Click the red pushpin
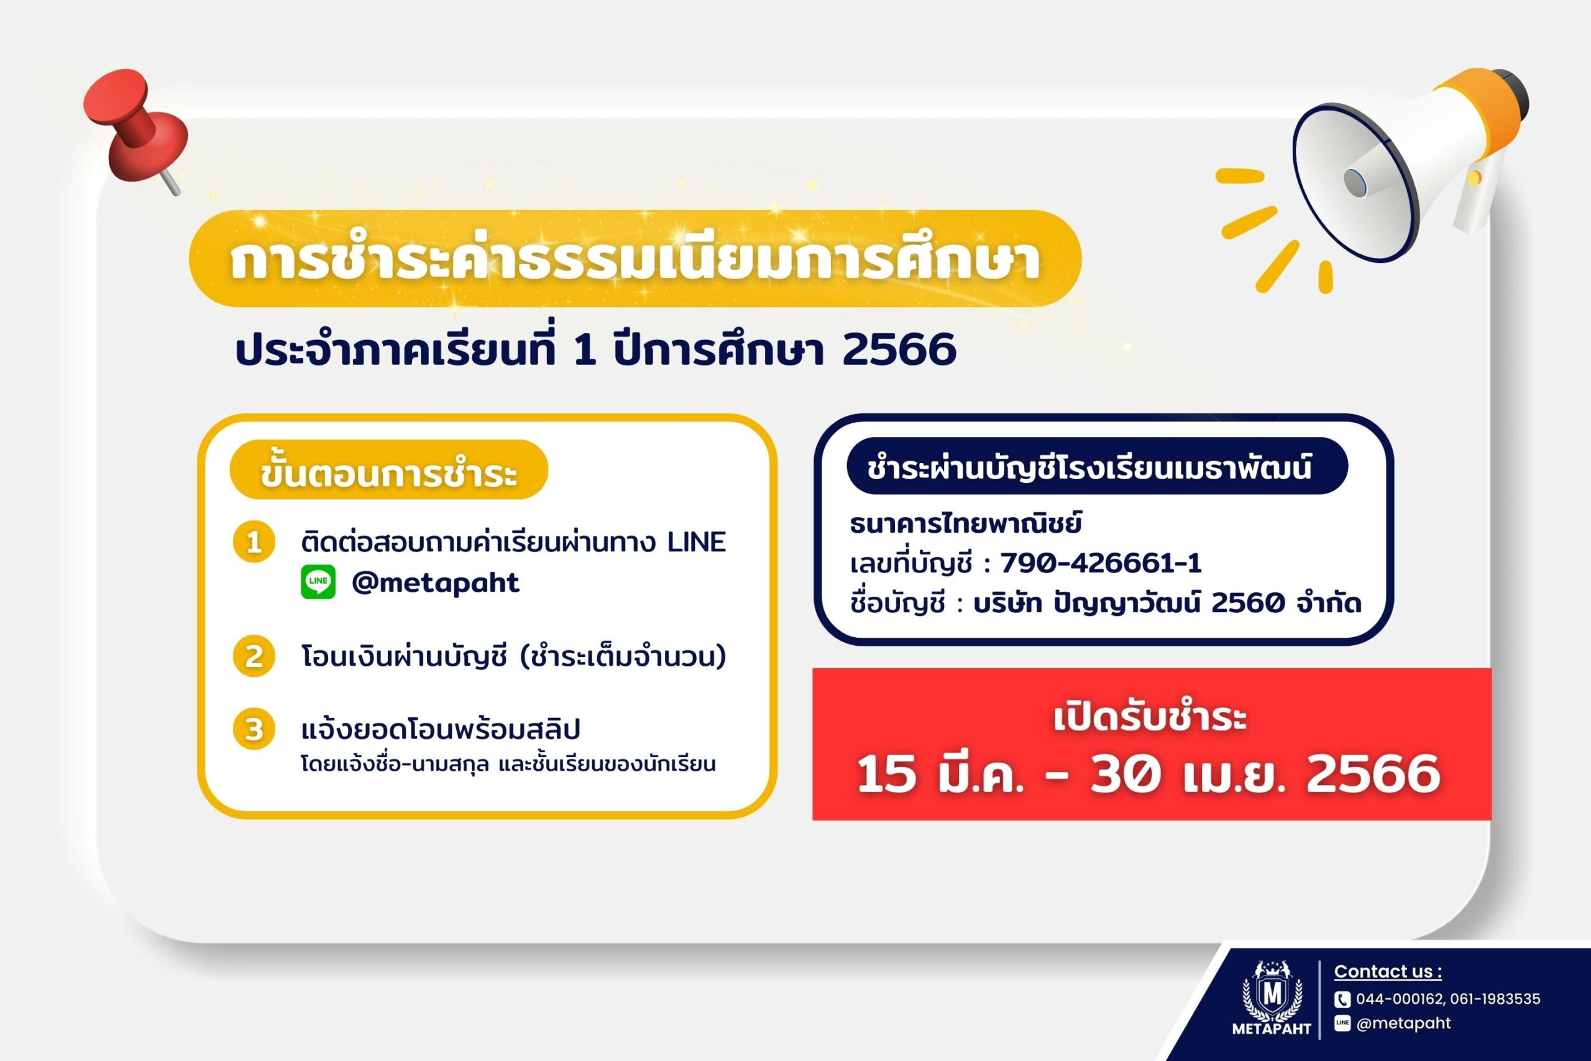pyautogui.click(x=135, y=125)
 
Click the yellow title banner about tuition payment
pyautogui.click(x=635, y=259)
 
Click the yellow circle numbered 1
pyautogui.click(x=254, y=541)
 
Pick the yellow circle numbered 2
pyautogui.click(x=254, y=656)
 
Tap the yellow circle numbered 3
pyautogui.click(x=254, y=730)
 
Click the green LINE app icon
pyautogui.click(x=318, y=582)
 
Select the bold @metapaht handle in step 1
pyautogui.click(x=436, y=582)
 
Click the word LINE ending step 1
pyautogui.click(x=696, y=542)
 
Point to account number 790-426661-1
pyautogui.click(x=1101, y=563)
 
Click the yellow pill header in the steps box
pyautogui.click(x=388, y=470)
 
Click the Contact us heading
pyautogui.click(x=1387, y=971)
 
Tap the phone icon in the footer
pyautogui.click(x=1342, y=999)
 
